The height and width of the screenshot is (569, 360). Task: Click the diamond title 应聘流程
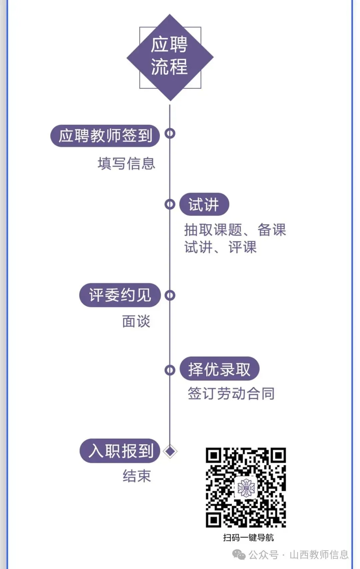[170, 57]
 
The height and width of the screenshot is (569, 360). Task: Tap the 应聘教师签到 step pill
[105, 136]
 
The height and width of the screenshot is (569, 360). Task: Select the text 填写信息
[126, 164]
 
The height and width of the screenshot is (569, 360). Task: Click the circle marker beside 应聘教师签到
[170, 133]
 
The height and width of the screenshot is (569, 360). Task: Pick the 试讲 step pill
[204, 204]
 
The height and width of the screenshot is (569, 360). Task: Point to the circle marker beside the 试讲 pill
[170, 204]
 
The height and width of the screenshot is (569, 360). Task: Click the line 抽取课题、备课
[235, 230]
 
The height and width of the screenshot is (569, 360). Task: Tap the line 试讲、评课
[220, 247]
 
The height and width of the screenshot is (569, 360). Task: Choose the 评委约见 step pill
[120, 295]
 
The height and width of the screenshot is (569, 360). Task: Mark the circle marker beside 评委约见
[170, 295]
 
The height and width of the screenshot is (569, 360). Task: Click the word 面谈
[136, 322]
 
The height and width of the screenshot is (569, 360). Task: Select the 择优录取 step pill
[219, 369]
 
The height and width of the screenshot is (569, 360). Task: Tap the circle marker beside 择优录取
[170, 370]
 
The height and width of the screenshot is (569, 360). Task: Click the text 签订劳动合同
[231, 394]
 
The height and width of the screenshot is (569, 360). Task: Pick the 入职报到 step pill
[120, 451]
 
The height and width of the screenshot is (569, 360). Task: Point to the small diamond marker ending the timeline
[170, 452]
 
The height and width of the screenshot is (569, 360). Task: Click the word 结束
[137, 476]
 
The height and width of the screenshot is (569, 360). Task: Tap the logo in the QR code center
[246, 488]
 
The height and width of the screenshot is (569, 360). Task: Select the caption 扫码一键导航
[248, 538]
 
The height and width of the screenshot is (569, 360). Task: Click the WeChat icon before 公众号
[239, 555]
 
